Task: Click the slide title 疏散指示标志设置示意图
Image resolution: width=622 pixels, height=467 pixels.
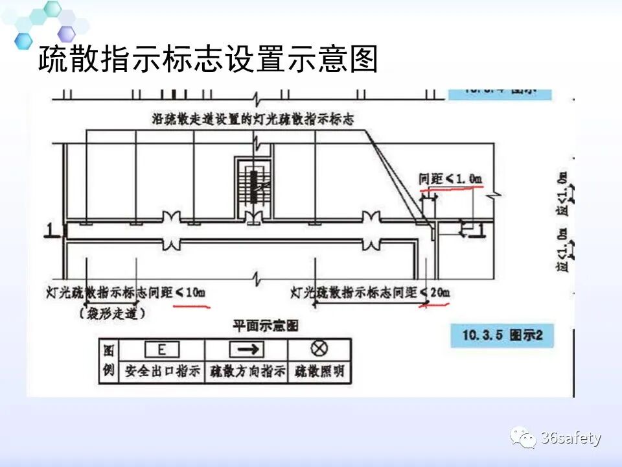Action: (207, 60)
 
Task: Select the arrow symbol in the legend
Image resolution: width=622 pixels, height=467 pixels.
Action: (246, 350)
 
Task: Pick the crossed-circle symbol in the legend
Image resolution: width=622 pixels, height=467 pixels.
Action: (319, 349)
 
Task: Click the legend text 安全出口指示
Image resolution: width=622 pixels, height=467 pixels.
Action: (161, 372)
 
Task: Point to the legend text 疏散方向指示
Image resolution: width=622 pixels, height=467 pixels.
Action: (246, 372)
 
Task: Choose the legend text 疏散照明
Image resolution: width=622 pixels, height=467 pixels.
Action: (319, 372)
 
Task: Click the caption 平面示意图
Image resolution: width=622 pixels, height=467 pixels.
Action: (266, 326)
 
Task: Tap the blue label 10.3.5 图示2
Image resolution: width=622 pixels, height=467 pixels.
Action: (502, 335)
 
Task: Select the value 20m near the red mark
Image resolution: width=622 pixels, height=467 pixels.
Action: (439, 293)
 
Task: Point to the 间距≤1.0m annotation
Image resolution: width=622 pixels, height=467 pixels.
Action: (451, 178)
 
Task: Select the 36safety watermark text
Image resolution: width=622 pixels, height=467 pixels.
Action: (571, 438)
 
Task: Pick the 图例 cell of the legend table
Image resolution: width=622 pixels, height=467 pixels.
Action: (108, 361)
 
